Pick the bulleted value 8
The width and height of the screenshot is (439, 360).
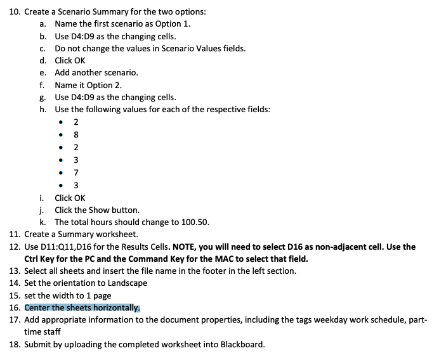(x=76, y=134)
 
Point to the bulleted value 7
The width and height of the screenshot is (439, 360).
(x=76, y=172)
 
